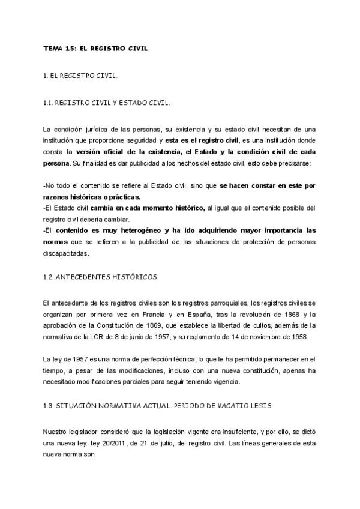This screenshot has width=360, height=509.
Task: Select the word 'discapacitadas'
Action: pos(65,253)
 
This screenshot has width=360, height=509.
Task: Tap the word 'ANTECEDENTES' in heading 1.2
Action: pos(86,276)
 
